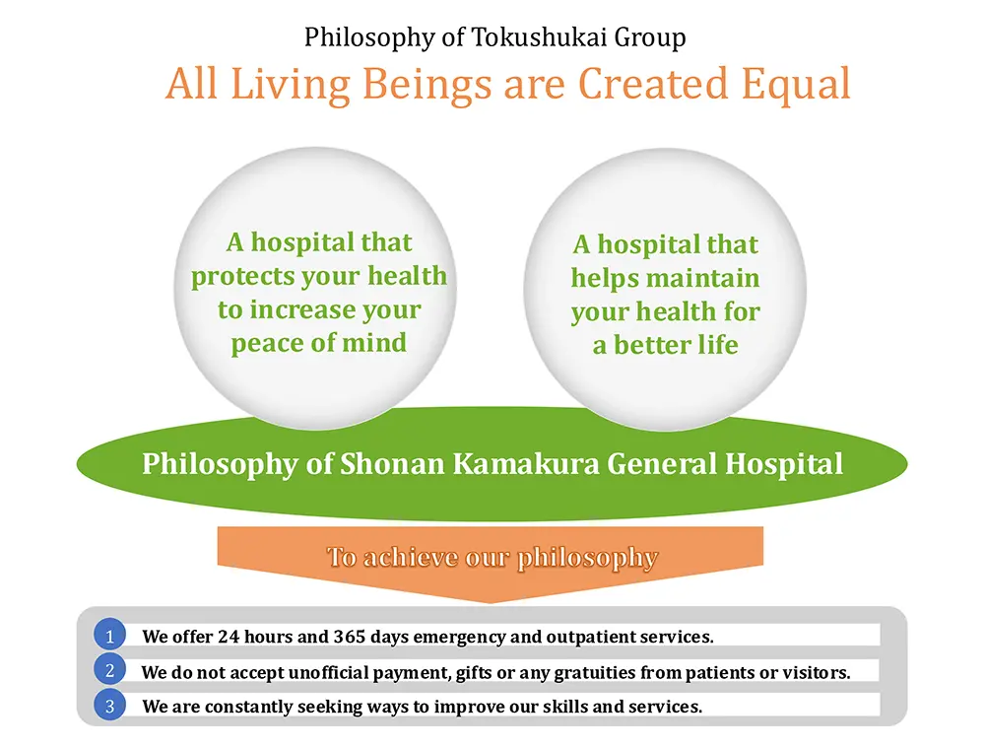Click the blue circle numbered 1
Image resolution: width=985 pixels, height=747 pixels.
coord(110,636)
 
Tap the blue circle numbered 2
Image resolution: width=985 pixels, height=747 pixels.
coord(110,670)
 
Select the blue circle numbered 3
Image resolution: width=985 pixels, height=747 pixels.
coord(110,705)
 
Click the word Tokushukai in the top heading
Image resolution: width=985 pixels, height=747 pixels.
coord(540,37)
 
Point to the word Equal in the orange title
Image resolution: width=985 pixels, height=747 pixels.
coord(796,85)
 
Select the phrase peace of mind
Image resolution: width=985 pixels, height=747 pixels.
coord(319,344)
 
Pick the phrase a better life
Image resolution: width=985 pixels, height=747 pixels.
coord(665,345)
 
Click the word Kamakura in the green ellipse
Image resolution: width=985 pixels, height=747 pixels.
coord(526,463)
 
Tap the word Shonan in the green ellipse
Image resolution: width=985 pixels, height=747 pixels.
coord(393,463)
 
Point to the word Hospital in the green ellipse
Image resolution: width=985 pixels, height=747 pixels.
coord(784,464)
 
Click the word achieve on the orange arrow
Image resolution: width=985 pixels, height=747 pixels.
coord(411,557)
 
